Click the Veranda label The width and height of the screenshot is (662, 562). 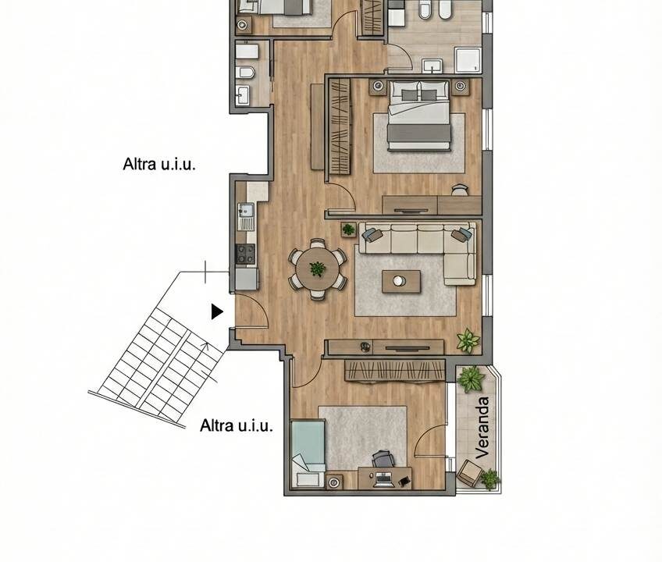point(482,427)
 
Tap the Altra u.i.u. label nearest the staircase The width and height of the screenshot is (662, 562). point(237,425)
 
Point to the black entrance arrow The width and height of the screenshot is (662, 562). point(217,311)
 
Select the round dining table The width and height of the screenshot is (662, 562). point(318,269)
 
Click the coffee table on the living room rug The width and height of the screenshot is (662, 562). point(401,281)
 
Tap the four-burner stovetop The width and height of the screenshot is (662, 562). point(245,254)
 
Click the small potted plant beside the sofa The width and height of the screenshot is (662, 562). point(349,229)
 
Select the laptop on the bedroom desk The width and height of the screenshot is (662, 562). point(384,480)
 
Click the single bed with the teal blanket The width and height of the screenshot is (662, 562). point(308,453)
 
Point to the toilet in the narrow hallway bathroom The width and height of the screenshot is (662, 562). point(246,73)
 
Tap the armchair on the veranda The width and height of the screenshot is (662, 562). point(469,473)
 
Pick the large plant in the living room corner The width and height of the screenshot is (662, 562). point(468,340)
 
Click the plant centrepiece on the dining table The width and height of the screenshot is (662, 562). point(318,269)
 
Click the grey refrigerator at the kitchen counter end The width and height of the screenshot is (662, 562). point(247,279)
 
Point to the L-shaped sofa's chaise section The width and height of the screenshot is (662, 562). point(460,269)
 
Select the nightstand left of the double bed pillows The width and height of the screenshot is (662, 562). point(377,86)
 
